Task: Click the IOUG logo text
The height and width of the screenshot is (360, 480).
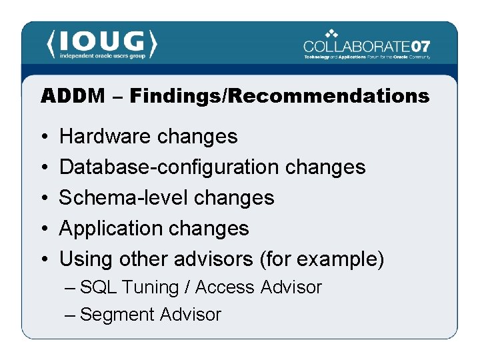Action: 103,41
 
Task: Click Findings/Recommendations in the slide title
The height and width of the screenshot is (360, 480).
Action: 279,96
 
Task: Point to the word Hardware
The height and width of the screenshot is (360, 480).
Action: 105,137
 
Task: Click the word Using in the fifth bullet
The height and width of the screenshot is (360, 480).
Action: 86,259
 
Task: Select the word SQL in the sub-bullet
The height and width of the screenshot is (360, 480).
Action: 96,288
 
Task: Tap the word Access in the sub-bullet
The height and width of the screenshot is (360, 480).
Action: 225,288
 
